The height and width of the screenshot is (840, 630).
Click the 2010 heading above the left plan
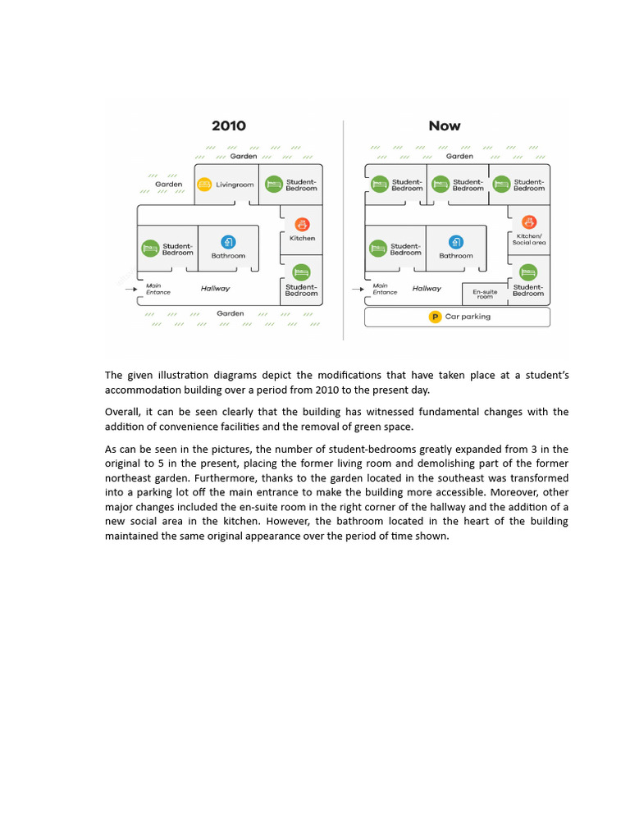228,126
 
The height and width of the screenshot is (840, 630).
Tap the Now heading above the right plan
445,126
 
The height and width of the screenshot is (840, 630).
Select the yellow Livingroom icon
205,185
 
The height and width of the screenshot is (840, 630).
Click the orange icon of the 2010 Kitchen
302,224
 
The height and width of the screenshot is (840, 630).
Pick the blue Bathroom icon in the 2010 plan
228,242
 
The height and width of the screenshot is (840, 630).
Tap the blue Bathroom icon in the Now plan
456,242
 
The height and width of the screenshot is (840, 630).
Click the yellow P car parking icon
436,317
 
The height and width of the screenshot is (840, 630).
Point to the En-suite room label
485,294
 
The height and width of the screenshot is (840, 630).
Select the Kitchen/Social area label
529,240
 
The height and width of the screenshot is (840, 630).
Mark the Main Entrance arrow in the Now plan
357,289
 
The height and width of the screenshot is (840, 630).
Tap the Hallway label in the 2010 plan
216,289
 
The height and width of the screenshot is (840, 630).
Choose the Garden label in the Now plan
459,156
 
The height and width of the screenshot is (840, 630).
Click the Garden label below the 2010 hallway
231,313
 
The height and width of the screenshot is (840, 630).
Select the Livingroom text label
235,185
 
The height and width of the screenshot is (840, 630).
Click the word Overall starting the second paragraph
123,412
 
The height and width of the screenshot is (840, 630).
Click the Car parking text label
468,317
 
